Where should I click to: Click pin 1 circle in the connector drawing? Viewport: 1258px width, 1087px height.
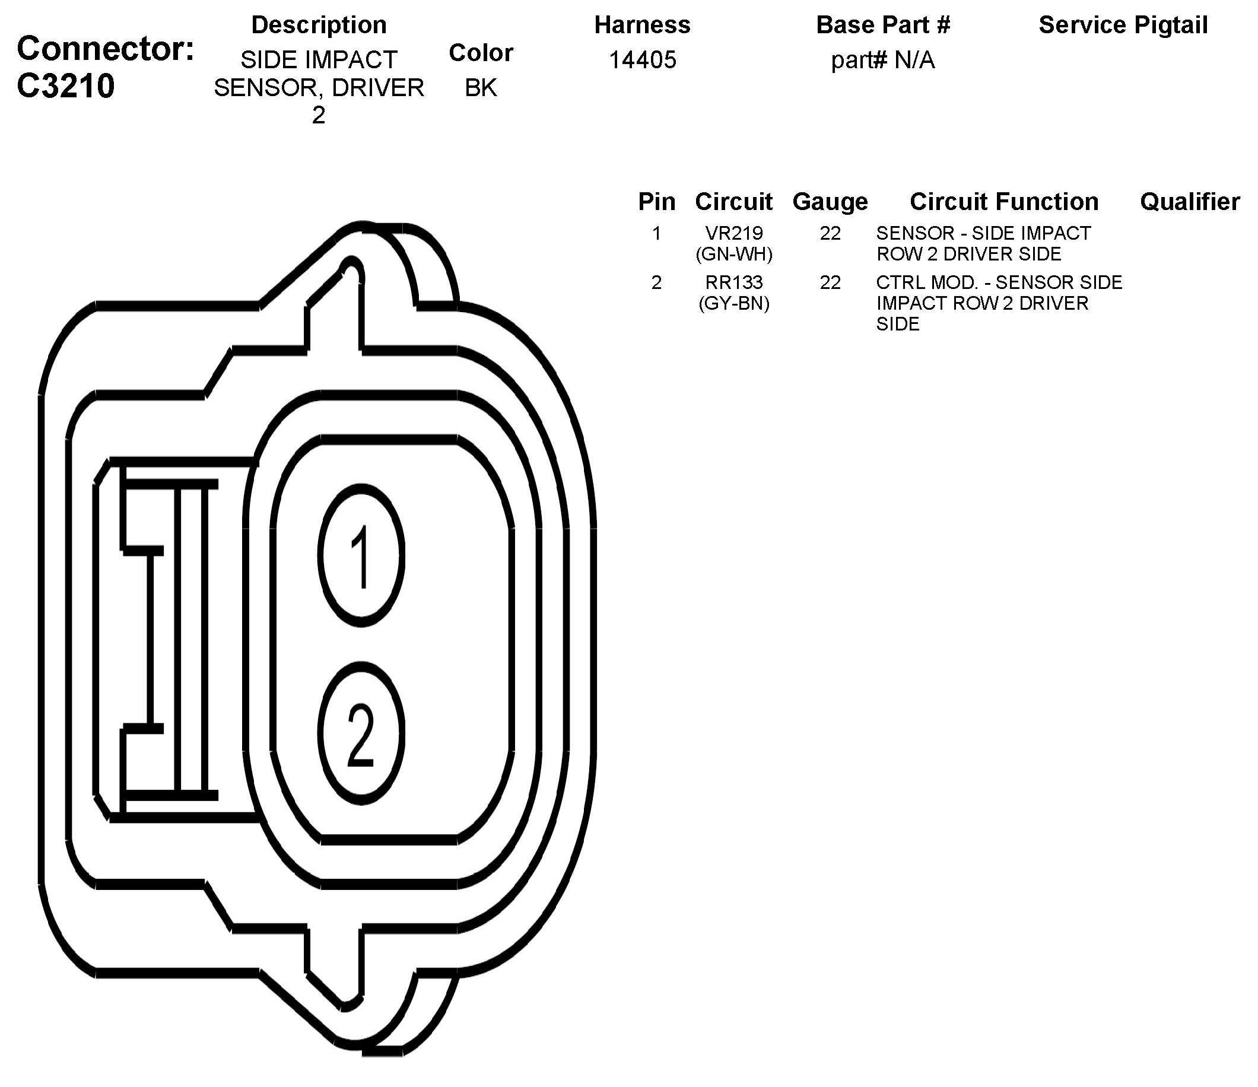click(361, 555)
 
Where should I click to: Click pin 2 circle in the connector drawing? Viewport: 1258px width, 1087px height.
click(361, 733)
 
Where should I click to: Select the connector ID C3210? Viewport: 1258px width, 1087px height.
click(66, 86)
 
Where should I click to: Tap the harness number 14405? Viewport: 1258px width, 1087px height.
click(643, 60)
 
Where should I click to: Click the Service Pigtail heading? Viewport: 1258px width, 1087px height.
click(1123, 25)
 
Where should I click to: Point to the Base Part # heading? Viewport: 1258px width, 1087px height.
click(883, 25)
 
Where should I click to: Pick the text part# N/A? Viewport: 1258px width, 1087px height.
click(883, 60)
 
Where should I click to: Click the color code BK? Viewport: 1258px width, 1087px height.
click(481, 88)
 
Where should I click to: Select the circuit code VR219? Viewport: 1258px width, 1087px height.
click(734, 233)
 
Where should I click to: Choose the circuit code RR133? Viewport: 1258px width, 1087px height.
click(734, 282)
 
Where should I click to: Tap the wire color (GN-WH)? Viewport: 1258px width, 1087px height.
click(734, 255)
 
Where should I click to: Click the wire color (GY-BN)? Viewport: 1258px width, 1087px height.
click(734, 303)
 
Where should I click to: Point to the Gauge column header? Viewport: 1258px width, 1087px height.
click(830, 202)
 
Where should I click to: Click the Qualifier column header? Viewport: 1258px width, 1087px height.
click(1189, 202)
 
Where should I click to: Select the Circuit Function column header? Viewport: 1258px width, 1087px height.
click(1003, 202)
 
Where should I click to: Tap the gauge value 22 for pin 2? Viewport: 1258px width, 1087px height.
click(830, 282)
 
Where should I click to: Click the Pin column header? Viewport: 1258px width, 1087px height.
click(656, 202)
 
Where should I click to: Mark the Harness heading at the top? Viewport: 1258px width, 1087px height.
click(643, 25)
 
